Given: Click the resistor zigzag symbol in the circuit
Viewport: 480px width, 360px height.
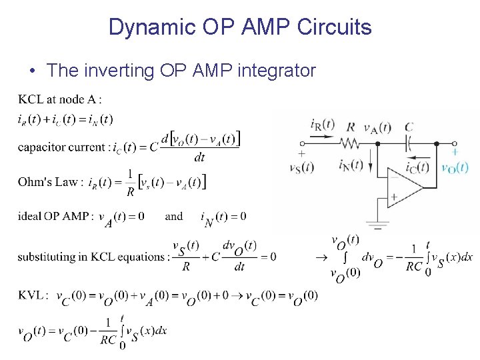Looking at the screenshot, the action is [351, 143].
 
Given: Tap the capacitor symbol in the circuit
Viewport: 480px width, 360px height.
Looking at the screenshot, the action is [409, 143].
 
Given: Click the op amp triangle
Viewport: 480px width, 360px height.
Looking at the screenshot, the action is [403, 187].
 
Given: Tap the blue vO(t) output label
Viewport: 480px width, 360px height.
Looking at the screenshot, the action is [455, 167].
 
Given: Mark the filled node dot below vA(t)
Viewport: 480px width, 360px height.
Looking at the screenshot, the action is [378, 143].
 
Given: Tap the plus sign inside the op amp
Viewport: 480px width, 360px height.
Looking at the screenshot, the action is [394, 197].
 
